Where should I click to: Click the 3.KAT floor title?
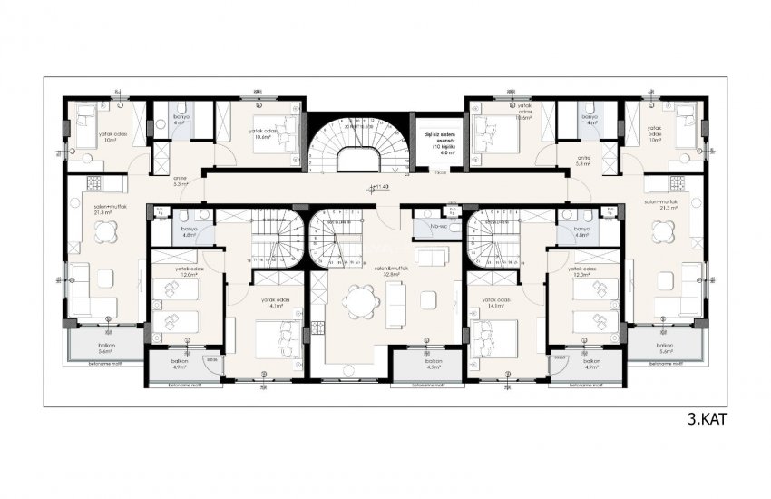tap(707, 419)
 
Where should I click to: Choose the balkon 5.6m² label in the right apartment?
tap(665, 349)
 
